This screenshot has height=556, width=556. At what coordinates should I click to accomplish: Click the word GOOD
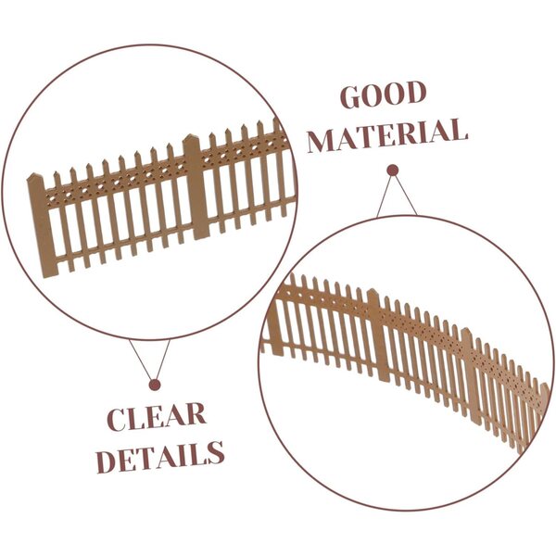pyautogui.click(x=384, y=95)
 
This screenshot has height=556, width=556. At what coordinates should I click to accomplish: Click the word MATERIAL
pyautogui.click(x=387, y=136)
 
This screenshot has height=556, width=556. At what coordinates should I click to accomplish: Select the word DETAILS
pyautogui.click(x=160, y=458)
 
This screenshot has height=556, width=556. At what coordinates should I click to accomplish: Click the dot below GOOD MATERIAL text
pyautogui.click(x=393, y=171)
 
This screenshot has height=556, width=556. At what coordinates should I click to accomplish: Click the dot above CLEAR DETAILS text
pyautogui.click(x=155, y=385)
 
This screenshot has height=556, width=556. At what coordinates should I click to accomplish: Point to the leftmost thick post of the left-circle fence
pyautogui.click(x=43, y=225)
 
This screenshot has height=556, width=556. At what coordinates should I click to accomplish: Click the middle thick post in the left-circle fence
pyautogui.click(x=196, y=187)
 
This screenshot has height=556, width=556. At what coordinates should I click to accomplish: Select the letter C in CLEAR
pyautogui.click(x=117, y=419)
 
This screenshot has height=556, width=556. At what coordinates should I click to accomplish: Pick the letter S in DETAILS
pyautogui.click(x=215, y=453)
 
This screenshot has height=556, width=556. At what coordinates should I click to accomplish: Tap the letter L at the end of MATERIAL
pyautogui.click(x=458, y=130)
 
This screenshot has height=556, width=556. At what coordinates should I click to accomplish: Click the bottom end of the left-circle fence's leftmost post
pyautogui.click(x=50, y=275)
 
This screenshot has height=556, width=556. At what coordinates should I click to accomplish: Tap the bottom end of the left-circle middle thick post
pyautogui.click(x=202, y=237)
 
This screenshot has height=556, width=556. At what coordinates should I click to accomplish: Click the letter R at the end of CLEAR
pyautogui.click(x=196, y=414)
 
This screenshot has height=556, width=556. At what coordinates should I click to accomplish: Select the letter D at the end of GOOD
pyautogui.click(x=415, y=93)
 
